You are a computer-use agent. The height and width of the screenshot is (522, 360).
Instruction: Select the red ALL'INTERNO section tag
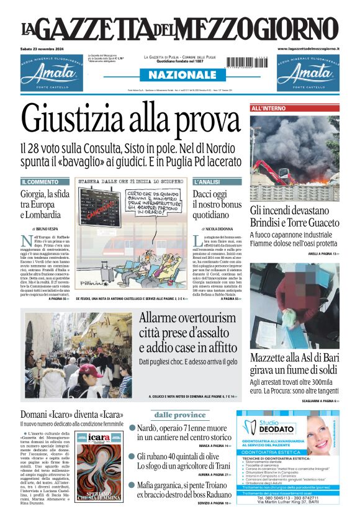point(268,109)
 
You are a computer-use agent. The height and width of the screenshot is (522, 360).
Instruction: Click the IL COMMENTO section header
point(40,182)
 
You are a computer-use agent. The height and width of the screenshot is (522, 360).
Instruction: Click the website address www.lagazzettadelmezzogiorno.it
point(308,48)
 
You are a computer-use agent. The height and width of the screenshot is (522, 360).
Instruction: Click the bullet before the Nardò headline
point(132,428)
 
